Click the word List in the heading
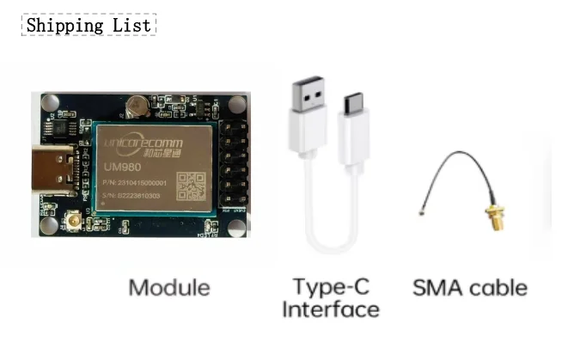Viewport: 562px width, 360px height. (131, 25)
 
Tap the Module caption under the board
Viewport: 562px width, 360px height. (169, 286)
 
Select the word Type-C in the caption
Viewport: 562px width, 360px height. (332, 286)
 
